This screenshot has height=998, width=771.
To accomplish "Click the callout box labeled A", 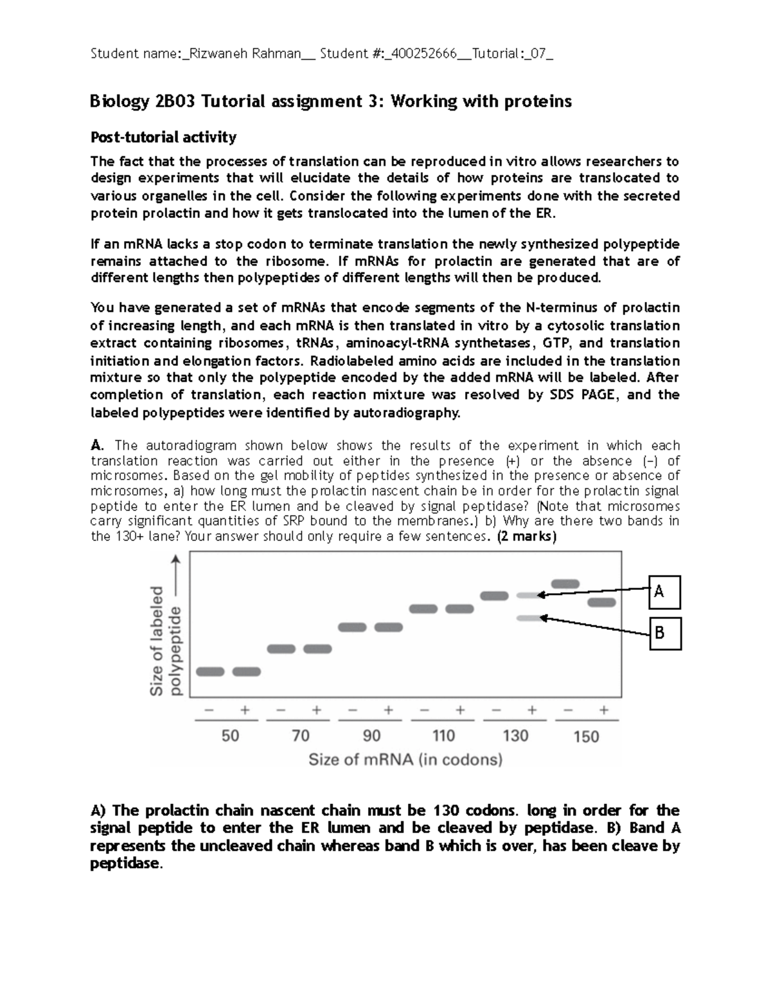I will click(x=664, y=592).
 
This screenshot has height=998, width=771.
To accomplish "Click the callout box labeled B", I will click(x=664, y=634).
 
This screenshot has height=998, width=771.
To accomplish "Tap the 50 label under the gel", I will click(x=230, y=736).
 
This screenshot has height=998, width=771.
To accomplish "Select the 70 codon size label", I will click(x=301, y=736).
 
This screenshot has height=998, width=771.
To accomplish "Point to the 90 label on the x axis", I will click(x=371, y=736).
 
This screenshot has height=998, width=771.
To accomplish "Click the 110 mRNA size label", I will click(x=443, y=736).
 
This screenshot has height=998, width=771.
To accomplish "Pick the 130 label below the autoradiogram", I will click(x=515, y=736).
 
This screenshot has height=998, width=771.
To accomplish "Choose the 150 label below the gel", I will click(x=586, y=736).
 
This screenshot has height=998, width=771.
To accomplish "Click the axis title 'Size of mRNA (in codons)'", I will click(x=405, y=760).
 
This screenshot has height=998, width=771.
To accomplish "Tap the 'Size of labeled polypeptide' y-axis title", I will click(x=166, y=641).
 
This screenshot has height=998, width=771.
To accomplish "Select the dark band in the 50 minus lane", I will click(x=210, y=672).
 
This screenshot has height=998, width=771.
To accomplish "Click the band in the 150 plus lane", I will click(x=602, y=602).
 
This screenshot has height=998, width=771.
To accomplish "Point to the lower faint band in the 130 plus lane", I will click(x=529, y=618).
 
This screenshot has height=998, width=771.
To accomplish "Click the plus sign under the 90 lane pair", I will click(x=388, y=711).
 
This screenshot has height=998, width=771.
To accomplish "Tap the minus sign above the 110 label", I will click(x=424, y=711).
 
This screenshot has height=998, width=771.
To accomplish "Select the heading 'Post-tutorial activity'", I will click(x=163, y=137).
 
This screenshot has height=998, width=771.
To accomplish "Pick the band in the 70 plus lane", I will click(x=317, y=649).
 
